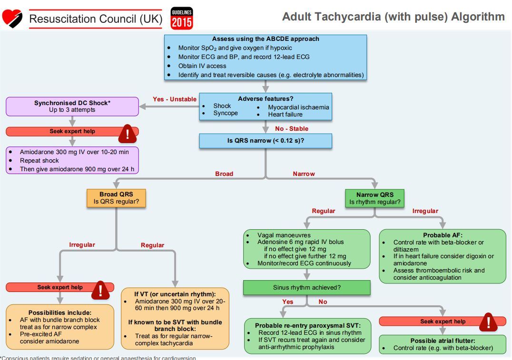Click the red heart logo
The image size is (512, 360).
pos(12,18)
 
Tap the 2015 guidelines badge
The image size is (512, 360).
pos(182,18)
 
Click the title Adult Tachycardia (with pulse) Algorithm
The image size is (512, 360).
pos(393,17)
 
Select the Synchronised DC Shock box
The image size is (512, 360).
pos(72,107)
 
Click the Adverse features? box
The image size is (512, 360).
pos(265,106)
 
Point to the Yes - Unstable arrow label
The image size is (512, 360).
pos(174,99)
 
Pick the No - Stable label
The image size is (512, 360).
pos(291,129)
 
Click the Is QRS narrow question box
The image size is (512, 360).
pos(265,141)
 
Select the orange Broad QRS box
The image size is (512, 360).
pos(116,198)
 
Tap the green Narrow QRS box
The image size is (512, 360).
pos(374,198)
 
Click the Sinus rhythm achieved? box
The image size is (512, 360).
pos(306,287)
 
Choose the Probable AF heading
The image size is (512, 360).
pos(443,235)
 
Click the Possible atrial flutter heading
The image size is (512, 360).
pos(443,341)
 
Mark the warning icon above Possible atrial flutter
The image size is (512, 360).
pos(488,322)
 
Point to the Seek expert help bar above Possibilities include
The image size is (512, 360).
pos(60,287)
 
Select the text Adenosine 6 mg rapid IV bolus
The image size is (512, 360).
pos(300,242)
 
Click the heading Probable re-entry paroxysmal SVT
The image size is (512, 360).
pos(307,325)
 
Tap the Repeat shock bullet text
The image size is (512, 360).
pos(39,161)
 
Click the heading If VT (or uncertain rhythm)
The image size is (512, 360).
pos(175,294)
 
